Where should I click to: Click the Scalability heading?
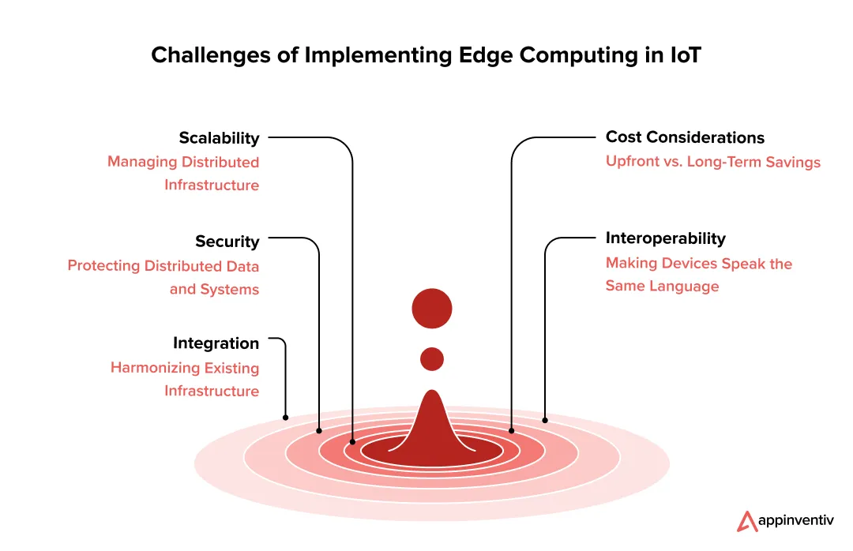click(219, 138)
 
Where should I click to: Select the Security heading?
click(227, 242)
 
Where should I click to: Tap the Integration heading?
click(216, 343)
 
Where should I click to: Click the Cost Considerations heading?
click(685, 137)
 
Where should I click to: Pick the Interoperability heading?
click(665, 238)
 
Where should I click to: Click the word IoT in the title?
click(682, 56)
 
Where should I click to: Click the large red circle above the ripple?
click(432, 309)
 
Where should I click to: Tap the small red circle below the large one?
click(432, 359)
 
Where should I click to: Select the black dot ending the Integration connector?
click(285, 417)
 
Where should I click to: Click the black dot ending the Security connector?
click(319, 430)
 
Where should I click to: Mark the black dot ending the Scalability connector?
click(353, 442)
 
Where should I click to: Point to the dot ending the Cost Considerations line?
click(512, 430)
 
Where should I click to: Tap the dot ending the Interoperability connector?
click(545, 420)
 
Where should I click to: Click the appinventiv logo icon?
click(747, 521)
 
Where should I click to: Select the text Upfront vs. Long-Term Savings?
click(712, 162)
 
